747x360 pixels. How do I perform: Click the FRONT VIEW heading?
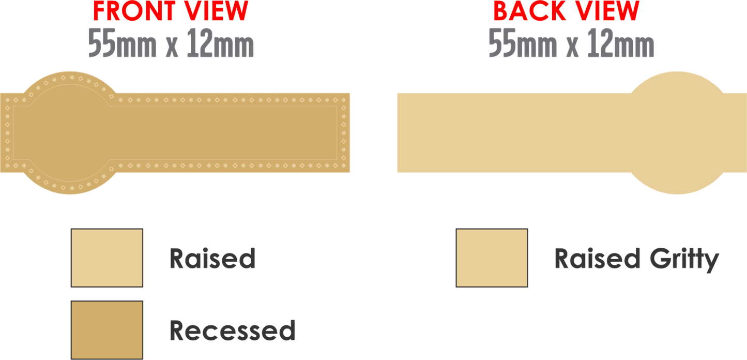pyautogui.click(x=171, y=10)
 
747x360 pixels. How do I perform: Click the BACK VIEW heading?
pyautogui.click(x=566, y=10)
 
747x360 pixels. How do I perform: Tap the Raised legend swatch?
pyautogui.click(x=106, y=258)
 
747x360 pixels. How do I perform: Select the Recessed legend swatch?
pyautogui.click(x=106, y=329)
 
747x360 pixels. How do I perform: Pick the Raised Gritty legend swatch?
pyautogui.click(x=492, y=258)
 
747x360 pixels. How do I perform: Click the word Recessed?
pyautogui.click(x=232, y=330)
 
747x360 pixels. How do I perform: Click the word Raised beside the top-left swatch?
pyautogui.click(x=212, y=258)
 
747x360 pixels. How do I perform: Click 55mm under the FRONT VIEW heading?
pyautogui.click(x=122, y=44)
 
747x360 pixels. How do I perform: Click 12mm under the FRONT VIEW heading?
pyautogui.click(x=222, y=44)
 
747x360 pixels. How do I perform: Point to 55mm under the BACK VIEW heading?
pyautogui.click(x=522, y=44)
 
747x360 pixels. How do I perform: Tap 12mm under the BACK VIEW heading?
pyautogui.click(x=622, y=44)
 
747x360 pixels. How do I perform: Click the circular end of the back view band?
pyautogui.click(x=677, y=133)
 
